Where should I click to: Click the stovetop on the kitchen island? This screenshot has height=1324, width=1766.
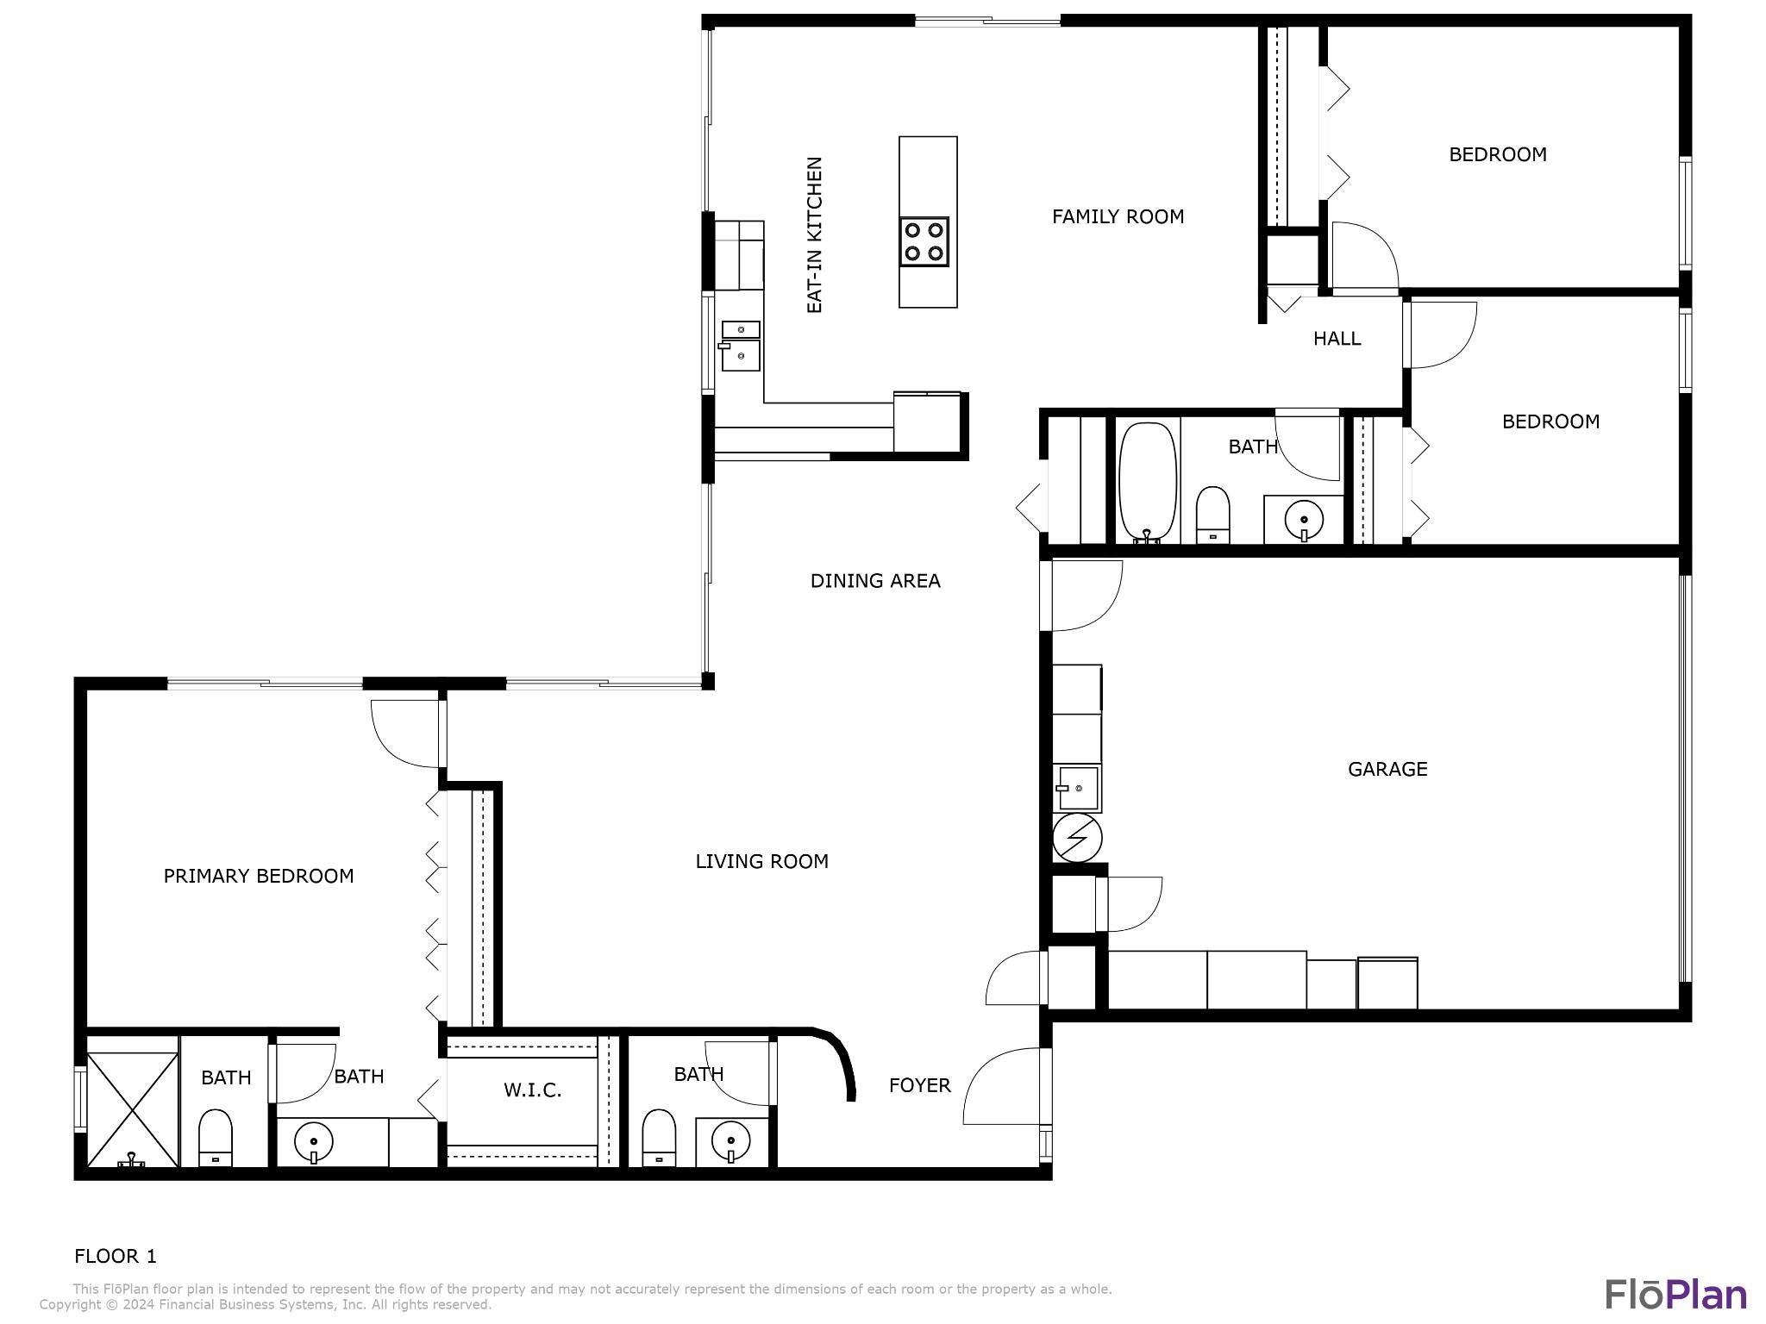coord(924,241)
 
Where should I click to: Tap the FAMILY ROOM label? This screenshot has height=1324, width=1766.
coord(1118,216)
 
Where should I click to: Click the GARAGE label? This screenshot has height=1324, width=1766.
coord(1387,769)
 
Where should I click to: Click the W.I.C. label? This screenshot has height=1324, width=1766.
coord(532,1090)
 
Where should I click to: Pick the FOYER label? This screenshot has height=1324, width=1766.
coord(920,1085)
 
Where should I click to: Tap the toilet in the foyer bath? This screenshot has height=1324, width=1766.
coord(659,1138)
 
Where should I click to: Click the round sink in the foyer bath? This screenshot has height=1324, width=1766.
coord(731,1143)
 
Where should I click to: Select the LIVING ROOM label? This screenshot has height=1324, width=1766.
coord(761,861)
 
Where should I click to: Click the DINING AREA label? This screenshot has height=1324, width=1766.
coord(875,581)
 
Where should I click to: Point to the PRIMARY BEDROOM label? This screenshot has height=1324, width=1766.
coord(259,876)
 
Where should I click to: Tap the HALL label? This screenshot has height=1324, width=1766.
coord(1337,339)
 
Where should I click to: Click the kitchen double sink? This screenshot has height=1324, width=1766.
coord(741,346)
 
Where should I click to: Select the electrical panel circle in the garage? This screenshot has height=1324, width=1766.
coord(1077,838)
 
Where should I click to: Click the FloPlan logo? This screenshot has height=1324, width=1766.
coord(1675,1294)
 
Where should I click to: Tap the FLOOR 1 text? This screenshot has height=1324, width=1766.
coord(116,1256)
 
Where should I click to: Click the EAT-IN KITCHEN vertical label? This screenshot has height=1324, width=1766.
coord(814,234)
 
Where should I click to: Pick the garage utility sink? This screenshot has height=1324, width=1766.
coord(1077,787)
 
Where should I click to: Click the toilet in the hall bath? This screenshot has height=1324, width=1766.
coord(1213,515)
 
